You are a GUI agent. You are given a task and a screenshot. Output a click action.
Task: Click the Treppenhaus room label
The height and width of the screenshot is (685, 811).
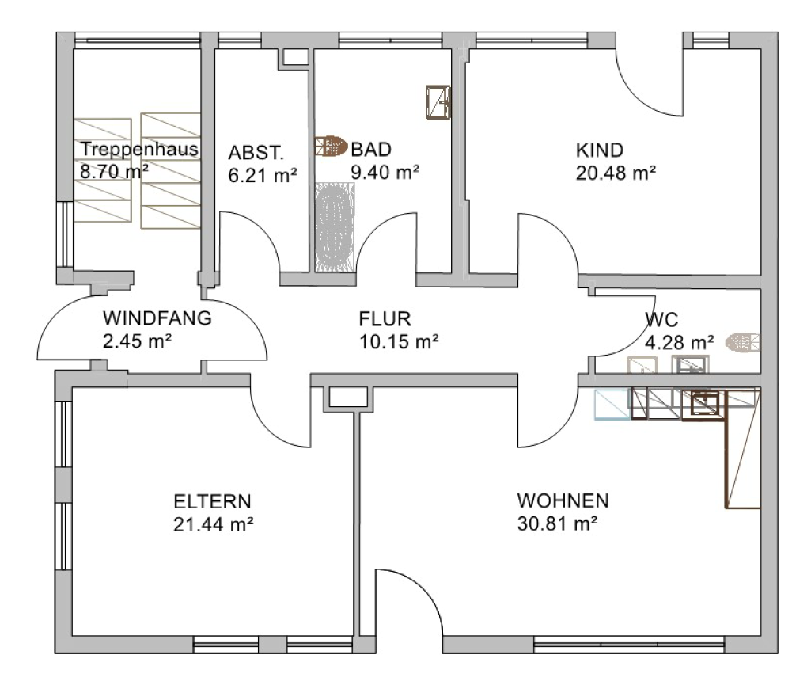[x=139, y=149]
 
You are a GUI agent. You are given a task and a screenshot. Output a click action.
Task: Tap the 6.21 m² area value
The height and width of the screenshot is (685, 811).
[x=263, y=176]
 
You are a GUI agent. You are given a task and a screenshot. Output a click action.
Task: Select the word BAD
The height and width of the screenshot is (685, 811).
[x=371, y=150]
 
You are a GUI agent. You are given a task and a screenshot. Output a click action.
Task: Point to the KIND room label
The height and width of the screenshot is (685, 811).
[x=600, y=150]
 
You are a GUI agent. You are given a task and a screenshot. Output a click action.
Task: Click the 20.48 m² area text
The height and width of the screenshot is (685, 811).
[x=616, y=173]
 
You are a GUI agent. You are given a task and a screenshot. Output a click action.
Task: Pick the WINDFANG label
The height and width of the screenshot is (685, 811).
[x=157, y=318]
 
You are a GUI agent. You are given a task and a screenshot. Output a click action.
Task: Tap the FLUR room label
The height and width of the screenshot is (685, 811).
[x=385, y=319]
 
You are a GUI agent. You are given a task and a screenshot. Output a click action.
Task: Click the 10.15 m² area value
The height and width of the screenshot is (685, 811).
[x=399, y=342]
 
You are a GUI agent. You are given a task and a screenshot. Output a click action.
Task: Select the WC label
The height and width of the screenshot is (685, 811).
[x=661, y=319]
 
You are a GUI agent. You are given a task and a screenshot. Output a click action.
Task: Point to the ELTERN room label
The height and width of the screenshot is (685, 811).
[x=212, y=501]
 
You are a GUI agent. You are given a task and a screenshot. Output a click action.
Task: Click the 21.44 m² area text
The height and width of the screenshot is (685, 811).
[x=213, y=524]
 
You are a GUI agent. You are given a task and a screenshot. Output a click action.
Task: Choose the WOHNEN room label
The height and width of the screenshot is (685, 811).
[x=563, y=500]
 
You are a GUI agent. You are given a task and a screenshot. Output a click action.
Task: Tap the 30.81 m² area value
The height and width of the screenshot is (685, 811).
[x=557, y=523]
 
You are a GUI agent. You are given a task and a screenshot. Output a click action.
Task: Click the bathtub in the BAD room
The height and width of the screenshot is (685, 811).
[x=335, y=226]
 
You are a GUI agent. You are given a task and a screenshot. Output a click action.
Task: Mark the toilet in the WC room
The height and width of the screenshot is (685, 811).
[x=743, y=342]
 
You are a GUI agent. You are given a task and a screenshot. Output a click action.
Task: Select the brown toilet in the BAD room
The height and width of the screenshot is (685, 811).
[x=331, y=146]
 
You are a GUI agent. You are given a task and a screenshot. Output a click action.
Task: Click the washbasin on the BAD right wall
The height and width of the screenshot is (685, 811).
[x=438, y=102]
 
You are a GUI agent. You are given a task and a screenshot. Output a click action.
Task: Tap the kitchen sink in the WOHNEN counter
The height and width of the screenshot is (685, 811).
[x=704, y=404]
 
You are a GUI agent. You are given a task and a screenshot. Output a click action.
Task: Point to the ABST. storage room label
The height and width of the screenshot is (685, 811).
[x=256, y=153]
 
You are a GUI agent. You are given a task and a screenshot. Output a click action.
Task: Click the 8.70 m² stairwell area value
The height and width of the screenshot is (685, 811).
[x=114, y=171]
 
